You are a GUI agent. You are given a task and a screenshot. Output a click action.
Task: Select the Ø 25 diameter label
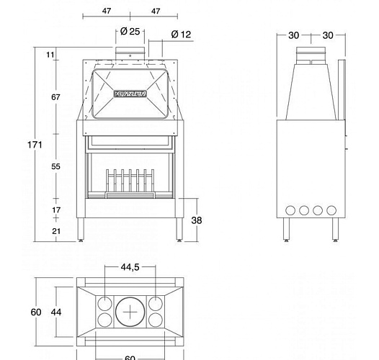click(129, 32)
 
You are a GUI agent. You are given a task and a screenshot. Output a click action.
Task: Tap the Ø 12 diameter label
click(181, 35)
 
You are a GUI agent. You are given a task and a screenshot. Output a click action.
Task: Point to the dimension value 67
click(56, 97)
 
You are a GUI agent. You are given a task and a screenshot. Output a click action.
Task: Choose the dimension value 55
click(56, 166)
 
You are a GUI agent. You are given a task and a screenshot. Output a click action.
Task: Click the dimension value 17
click(56, 210)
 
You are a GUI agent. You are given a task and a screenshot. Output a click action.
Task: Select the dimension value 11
click(50, 55)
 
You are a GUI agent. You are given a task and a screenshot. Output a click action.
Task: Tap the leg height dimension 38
click(197, 221)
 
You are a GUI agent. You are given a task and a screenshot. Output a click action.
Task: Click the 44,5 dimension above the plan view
click(130, 268)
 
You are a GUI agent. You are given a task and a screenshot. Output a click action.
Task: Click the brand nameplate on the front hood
click(130, 92)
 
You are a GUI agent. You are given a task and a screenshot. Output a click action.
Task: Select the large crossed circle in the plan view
click(130, 312)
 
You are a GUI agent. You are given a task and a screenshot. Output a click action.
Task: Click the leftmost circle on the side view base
click(290, 211)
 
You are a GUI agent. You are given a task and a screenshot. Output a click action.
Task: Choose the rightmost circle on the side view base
click(331, 211)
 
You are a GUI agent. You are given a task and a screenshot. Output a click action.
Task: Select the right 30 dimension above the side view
click(328, 35)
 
